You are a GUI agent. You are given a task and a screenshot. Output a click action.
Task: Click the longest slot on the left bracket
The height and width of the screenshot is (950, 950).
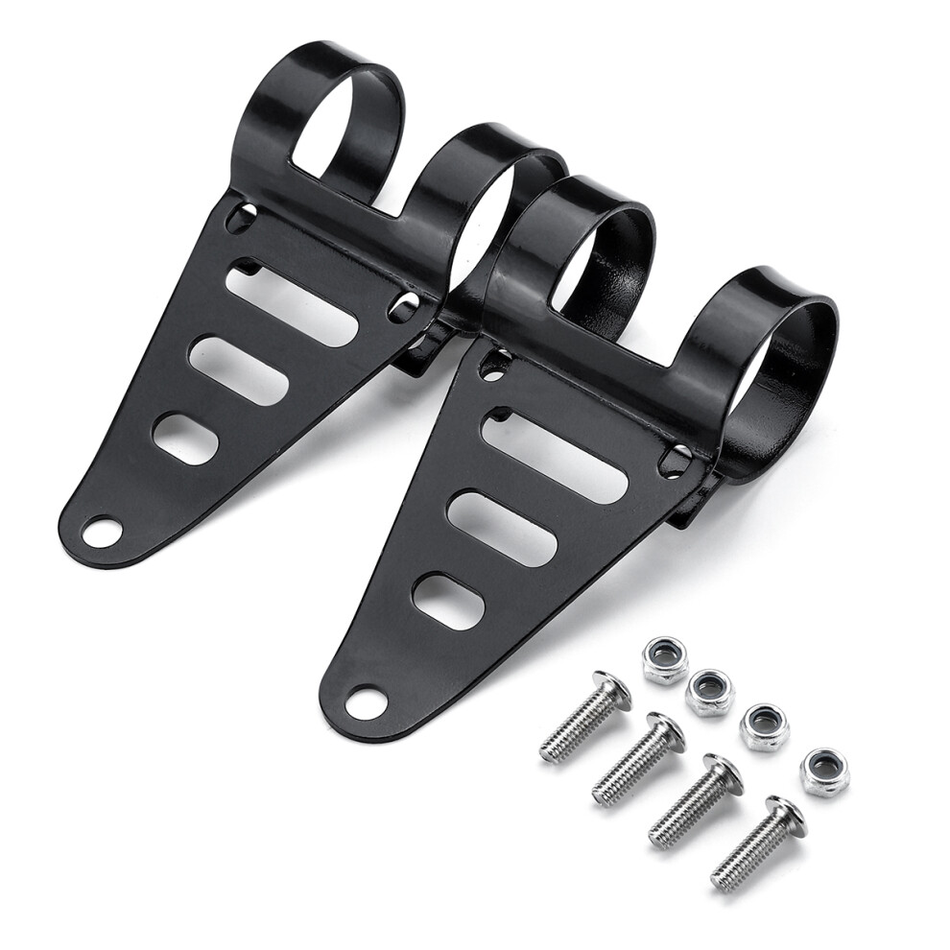pyautogui.click(x=292, y=304)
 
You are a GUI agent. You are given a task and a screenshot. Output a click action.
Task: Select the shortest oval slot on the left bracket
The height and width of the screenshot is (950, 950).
pyautogui.click(x=185, y=439)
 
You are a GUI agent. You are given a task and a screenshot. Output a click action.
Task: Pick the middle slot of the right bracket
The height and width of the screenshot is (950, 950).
pyautogui.click(x=501, y=528)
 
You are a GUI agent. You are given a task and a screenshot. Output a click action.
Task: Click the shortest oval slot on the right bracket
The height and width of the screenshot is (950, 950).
pyautogui.click(x=447, y=602)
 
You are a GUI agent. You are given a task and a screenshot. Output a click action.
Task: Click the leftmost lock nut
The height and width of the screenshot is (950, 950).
pyautogui.click(x=665, y=660)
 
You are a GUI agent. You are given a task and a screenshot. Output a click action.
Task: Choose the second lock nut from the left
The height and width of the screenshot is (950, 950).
pyautogui.click(x=709, y=692)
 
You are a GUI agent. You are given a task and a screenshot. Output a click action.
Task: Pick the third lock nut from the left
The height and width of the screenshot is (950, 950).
pyautogui.click(x=764, y=727)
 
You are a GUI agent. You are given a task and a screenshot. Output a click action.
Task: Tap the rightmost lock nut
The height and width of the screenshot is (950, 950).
pyautogui.click(x=824, y=772)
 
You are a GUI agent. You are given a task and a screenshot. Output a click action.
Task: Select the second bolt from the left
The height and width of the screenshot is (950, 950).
pyautogui.click(x=637, y=758)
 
